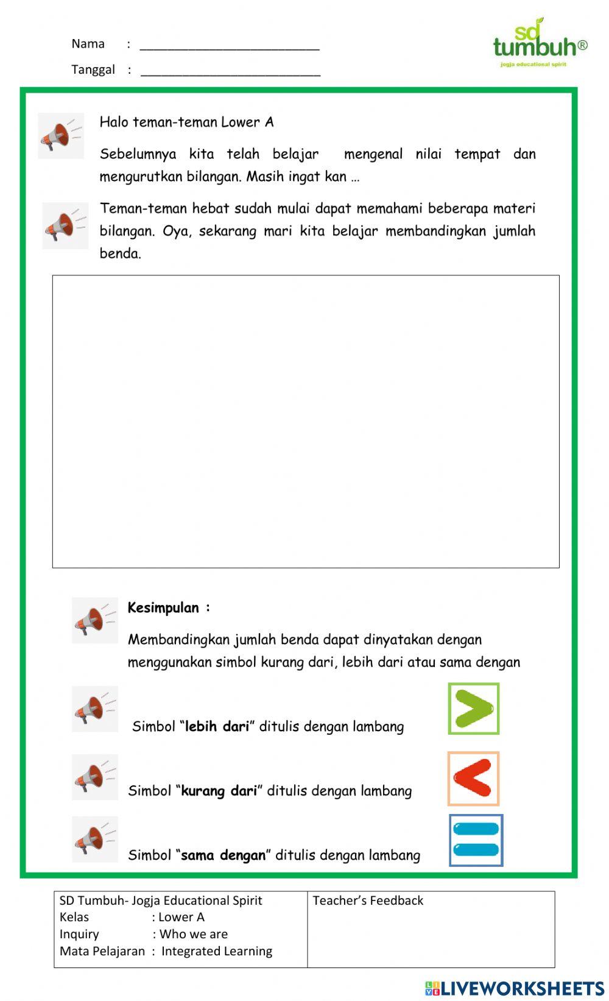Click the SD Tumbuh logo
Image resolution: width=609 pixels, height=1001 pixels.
[539, 43]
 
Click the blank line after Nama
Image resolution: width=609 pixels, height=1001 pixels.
[230, 46]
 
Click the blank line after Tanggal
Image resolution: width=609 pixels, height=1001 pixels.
[230, 72]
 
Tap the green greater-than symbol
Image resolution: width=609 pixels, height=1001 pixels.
[474, 709]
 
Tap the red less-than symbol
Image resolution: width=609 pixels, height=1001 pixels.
[473, 779]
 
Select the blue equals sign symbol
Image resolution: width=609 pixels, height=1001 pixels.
[476, 840]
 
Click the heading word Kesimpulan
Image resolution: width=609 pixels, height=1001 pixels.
[163, 608]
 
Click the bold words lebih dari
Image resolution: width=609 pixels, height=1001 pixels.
[217, 726]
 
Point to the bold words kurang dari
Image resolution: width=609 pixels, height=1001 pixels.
[219, 791]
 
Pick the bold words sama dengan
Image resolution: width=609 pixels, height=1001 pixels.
[224, 855]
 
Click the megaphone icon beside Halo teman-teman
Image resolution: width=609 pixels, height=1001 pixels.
[61, 136]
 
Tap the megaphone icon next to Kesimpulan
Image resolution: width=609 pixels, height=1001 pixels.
[94, 620]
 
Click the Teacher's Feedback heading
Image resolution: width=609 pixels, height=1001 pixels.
[368, 900]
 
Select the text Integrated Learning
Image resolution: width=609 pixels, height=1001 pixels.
[217, 951]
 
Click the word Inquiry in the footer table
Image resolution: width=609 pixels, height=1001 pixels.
[79, 934]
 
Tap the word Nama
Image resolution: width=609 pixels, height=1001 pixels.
[88, 44]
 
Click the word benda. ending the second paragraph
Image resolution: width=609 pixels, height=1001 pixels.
[121, 254]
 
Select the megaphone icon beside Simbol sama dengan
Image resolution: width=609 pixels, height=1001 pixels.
[94, 840]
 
